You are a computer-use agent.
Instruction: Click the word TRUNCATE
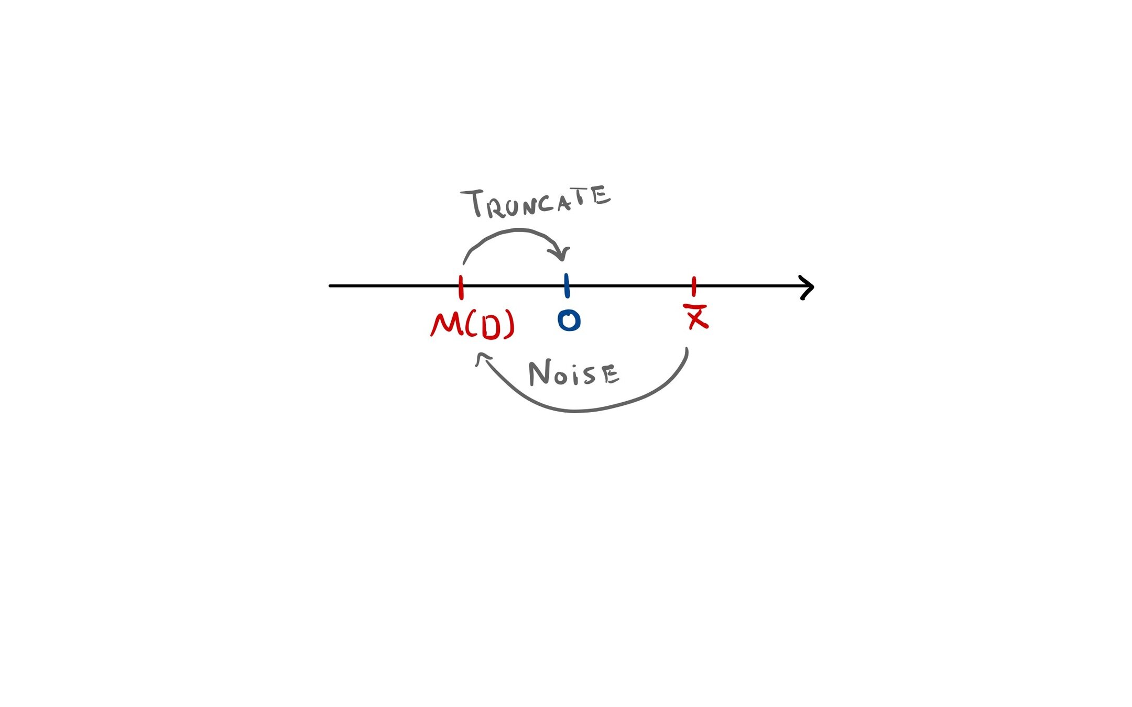(536, 202)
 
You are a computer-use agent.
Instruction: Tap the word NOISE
(574, 373)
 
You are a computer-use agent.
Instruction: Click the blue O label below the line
(569, 320)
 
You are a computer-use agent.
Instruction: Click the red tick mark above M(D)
(461, 287)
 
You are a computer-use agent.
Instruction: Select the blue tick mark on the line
(567, 286)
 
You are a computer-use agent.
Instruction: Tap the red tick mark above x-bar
(694, 286)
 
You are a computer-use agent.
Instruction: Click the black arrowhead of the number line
(808, 287)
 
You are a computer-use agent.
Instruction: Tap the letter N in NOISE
(539, 373)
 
